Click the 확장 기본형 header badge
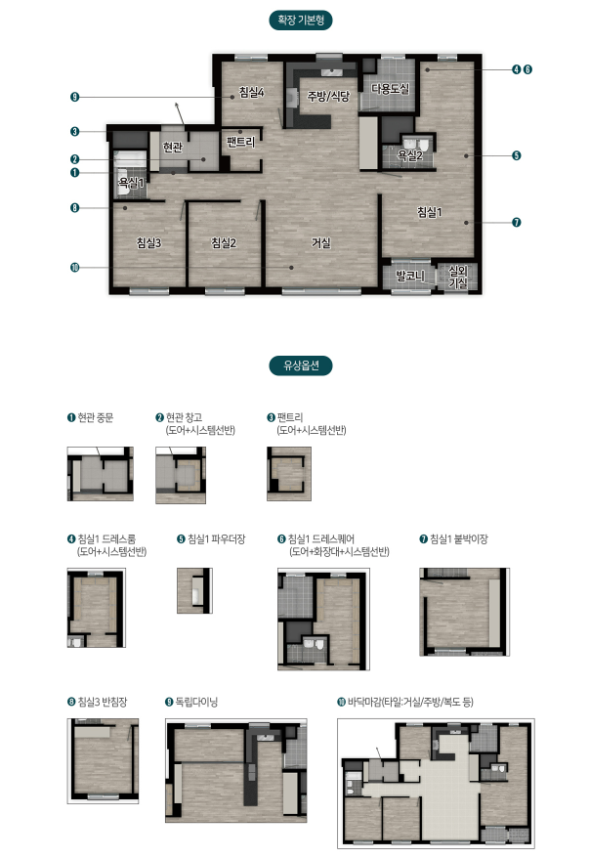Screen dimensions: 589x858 (301, 21)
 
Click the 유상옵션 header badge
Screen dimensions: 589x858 (301, 365)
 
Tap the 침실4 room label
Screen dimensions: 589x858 (252, 92)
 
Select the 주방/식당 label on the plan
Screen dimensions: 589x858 (328, 97)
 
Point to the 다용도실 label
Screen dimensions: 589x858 (390, 89)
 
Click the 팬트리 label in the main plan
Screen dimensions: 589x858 (240, 143)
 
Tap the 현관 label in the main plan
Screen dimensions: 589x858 (172, 148)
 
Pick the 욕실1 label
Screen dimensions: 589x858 (131, 183)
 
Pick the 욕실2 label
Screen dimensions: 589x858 (409, 156)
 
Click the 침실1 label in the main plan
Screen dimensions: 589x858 (430, 212)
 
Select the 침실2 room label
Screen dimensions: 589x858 (224, 242)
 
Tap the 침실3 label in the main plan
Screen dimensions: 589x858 (148, 242)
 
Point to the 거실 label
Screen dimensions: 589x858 (321, 242)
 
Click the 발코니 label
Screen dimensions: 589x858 (410, 276)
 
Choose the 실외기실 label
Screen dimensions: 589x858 (458, 277)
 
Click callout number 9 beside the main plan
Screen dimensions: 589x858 (75, 98)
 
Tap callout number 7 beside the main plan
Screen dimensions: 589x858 (517, 222)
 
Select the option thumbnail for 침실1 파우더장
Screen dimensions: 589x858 (194, 590)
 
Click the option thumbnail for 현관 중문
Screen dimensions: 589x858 (100, 474)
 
